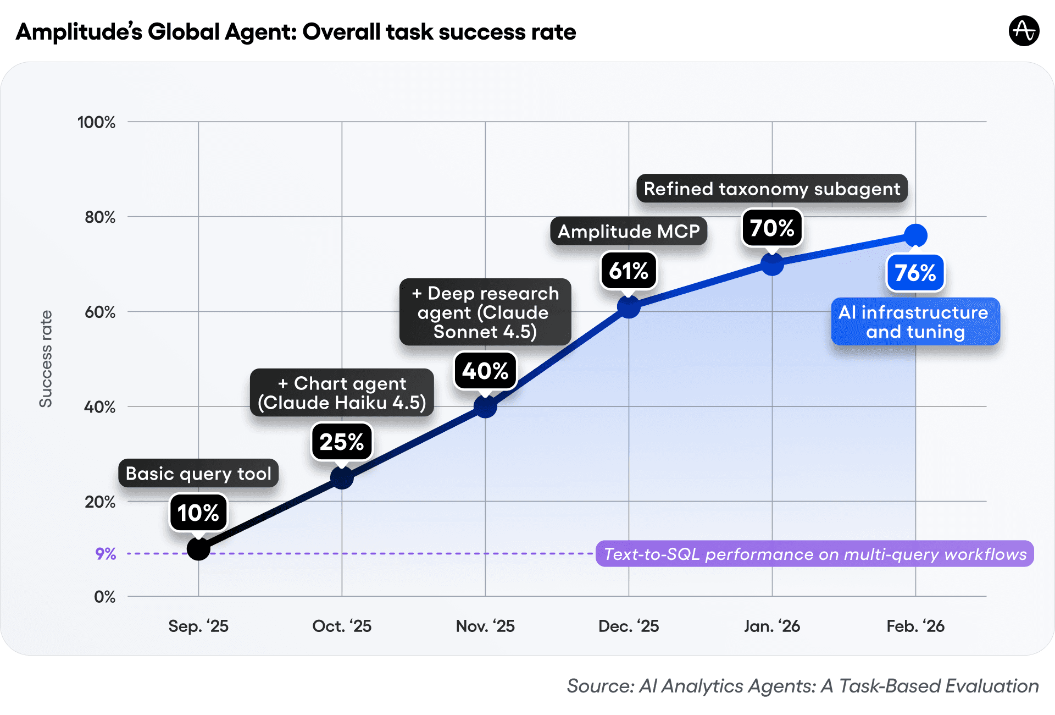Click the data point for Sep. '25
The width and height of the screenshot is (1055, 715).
click(198, 548)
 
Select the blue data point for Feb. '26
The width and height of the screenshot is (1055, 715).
click(915, 235)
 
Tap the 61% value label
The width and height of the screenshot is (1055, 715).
click(629, 271)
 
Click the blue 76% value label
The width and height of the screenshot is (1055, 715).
click(915, 273)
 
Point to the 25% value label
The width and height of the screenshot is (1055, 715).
click(342, 442)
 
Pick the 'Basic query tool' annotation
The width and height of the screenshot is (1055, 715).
click(198, 474)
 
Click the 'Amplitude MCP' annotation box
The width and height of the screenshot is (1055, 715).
click(629, 232)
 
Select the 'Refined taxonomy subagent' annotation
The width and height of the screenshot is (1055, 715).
click(772, 189)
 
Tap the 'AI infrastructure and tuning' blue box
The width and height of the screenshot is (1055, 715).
click(915, 322)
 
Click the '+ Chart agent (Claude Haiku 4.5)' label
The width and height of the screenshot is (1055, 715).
click(342, 393)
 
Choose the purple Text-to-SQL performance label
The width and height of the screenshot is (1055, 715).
click(815, 554)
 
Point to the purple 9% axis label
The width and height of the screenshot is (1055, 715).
click(105, 554)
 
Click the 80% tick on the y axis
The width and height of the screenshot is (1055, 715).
click(100, 217)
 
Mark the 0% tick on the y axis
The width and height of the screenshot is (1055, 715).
click(104, 597)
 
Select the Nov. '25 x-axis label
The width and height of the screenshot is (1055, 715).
click(485, 626)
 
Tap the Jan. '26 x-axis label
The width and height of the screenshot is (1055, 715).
click(772, 626)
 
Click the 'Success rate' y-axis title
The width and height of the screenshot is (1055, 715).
click(46, 359)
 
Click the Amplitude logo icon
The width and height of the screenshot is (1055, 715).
click(1024, 31)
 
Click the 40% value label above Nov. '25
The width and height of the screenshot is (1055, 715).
click(485, 371)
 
